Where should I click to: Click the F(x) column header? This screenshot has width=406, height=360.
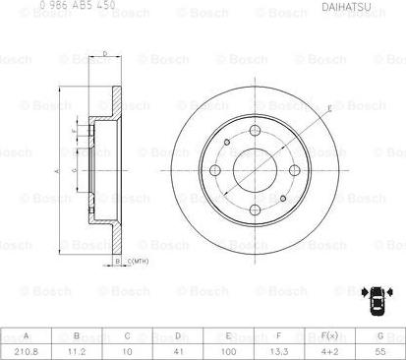[x=330, y=334]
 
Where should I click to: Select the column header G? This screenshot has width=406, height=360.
[x=380, y=334]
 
